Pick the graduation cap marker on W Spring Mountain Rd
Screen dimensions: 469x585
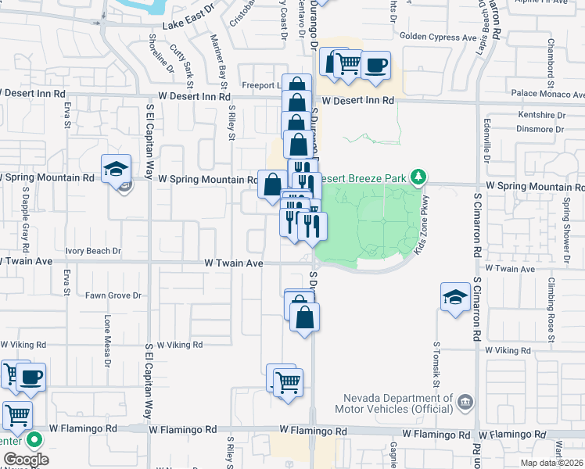[x=115, y=168]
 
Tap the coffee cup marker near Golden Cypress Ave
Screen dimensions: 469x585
[x=375, y=66]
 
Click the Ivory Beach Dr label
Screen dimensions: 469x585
[x=93, y=251]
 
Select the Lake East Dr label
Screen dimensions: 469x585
[x=189, y=26]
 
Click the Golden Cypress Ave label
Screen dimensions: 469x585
[x=438, y=37]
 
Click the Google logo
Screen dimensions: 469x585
[x=26, y=460]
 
